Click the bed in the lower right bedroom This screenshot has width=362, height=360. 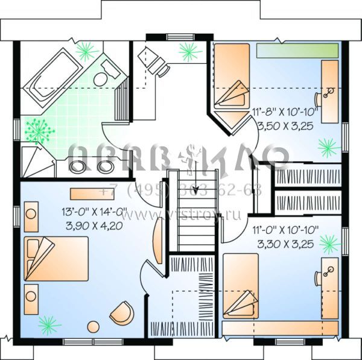241,286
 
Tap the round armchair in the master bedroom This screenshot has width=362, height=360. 122,312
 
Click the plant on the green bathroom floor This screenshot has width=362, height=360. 40,129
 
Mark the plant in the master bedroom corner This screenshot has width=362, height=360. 49,324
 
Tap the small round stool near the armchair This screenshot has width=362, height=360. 94,327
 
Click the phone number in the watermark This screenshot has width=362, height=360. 181,192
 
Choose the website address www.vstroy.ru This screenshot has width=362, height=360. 181,215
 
